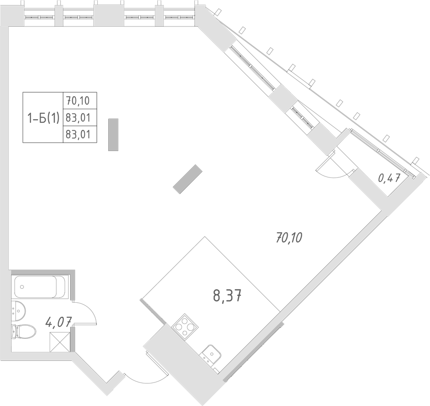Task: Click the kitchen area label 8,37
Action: [228, 297]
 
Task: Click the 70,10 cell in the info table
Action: [80, 101]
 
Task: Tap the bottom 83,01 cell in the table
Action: [80, 134]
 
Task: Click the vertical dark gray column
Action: [113, 134]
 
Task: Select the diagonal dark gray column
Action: [186, 178]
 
